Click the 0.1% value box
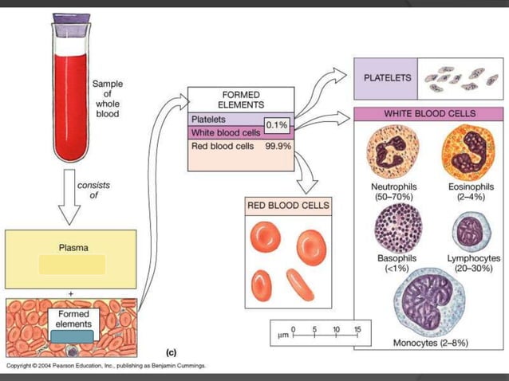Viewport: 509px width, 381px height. click(277, 125)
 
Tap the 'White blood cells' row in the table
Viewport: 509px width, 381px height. click(226, 132)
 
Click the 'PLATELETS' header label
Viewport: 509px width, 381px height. click(386, 78)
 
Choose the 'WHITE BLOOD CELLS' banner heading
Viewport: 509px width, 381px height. click(431, 115)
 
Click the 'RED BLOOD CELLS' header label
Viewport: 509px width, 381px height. click(287, 206)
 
